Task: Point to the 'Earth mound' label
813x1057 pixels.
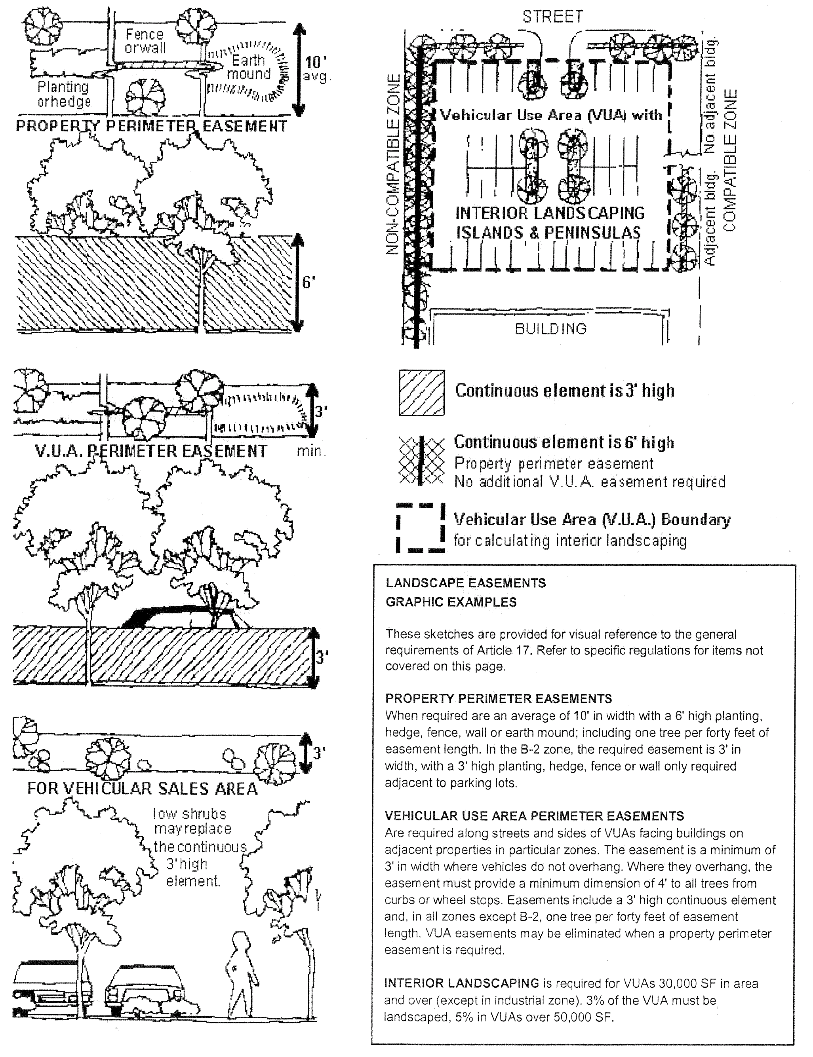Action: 249,67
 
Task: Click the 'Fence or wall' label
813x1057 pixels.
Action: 145,41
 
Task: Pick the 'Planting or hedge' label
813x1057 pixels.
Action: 64,94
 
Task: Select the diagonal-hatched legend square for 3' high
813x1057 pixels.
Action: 421,393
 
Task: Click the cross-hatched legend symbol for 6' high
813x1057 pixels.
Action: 421,460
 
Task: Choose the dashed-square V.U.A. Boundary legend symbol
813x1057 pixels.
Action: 421,528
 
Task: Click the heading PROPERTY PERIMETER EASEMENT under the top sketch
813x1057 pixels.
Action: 151,127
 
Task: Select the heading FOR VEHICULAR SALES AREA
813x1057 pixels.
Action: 142,789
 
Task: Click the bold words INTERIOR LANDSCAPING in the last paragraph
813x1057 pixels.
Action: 461,983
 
